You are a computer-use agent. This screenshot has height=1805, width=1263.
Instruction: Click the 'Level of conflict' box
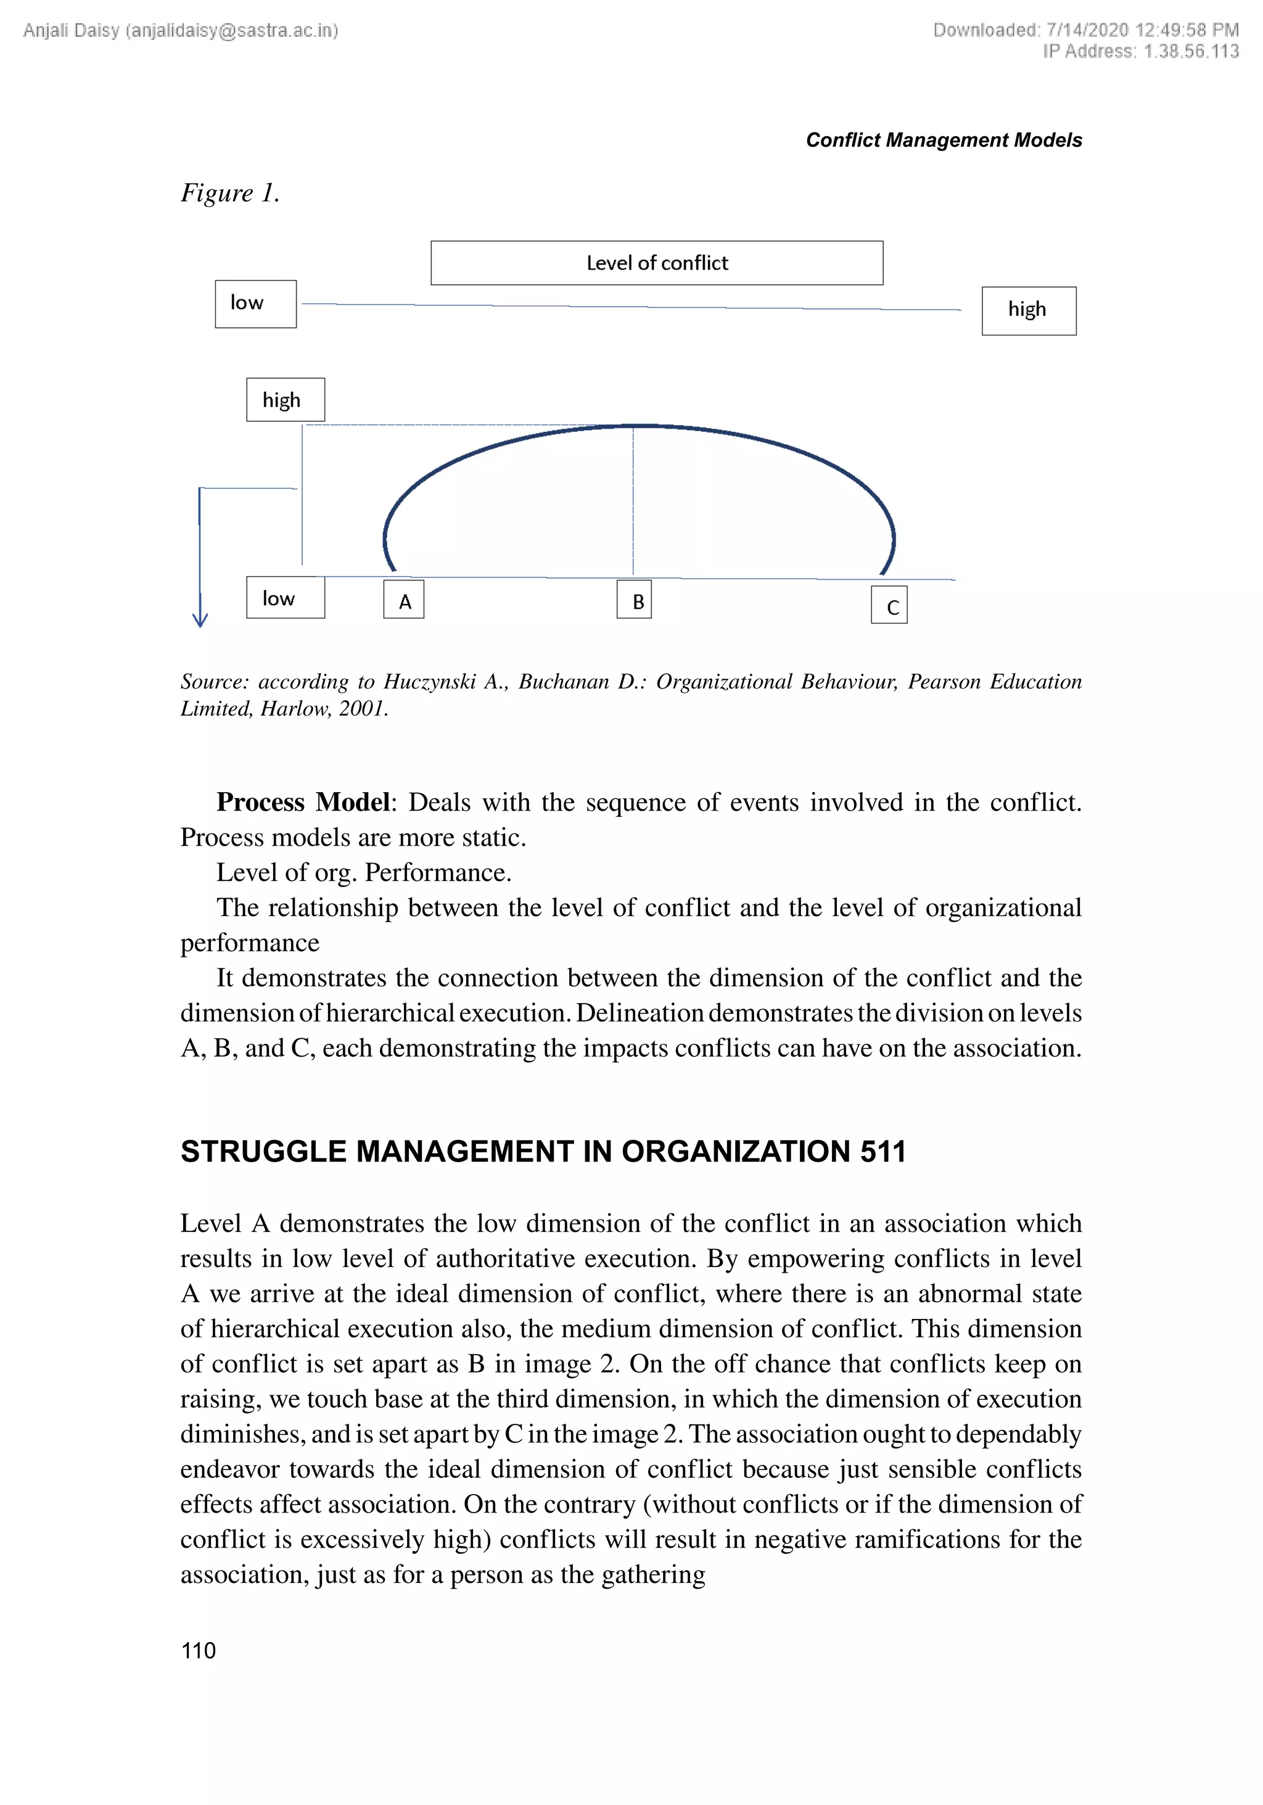(656, 263)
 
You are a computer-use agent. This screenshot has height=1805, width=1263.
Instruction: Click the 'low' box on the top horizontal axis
(255, 304)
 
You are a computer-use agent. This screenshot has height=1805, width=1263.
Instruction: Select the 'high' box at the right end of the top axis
(1028, 310)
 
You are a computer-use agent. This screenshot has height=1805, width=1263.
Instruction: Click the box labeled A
(403, 599)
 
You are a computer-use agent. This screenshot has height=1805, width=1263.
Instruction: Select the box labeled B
(633, 599)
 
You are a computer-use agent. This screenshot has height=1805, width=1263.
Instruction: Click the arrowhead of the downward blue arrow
(200, 619)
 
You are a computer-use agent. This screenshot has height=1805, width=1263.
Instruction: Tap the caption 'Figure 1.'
(229, 192)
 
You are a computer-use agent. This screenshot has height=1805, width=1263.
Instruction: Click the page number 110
(198, 1650)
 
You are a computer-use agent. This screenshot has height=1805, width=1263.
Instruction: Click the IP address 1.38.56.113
(1191, 51)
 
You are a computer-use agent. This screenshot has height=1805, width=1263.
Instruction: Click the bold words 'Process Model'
(303, 802)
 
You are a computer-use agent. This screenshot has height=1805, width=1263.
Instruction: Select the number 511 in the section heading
(882, 1152)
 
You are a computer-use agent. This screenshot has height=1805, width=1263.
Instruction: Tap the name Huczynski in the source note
(429, 682)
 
